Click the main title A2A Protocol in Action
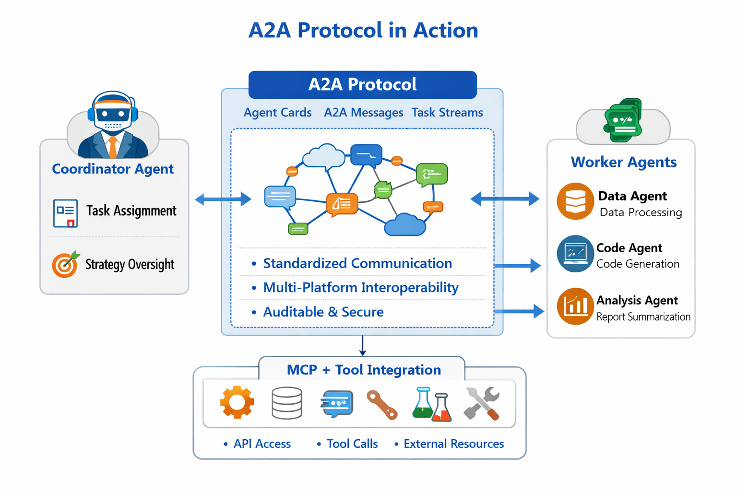point(363,30)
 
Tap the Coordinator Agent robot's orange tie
point(113,147)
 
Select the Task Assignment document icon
point(65,213)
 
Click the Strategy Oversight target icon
point(65,265)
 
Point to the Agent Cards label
point(277,113)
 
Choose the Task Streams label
point(447,113)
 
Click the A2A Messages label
point(363,113)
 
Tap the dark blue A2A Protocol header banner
point(362,84)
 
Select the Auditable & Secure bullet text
point(323,312)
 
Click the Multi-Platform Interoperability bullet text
point(360,288)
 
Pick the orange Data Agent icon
point(575,201)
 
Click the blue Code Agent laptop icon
point(575,254)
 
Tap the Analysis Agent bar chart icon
point(575,306)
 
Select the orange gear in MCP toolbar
point(237,402)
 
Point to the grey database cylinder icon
point(286,403)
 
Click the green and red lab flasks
point(432,404)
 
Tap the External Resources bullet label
point(453,444)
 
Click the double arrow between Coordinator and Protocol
point(223,199)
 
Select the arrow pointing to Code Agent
point(517,265)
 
